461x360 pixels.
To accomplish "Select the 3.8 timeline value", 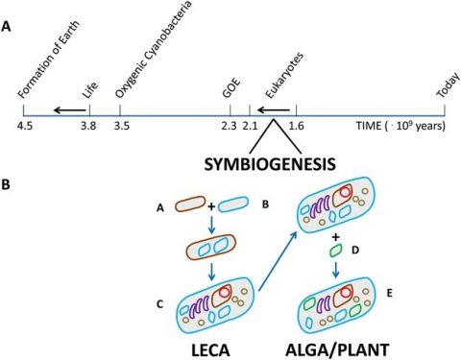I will click(88, 125).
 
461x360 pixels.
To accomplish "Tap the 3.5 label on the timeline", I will click(120, 125).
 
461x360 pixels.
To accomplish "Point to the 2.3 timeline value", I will click(228, 125).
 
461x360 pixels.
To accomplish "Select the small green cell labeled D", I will click(335, 251).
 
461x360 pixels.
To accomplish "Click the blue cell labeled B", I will click(234, 204).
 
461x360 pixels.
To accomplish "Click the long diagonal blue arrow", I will click(278, 257).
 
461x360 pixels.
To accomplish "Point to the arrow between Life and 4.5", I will click(65, 110).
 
